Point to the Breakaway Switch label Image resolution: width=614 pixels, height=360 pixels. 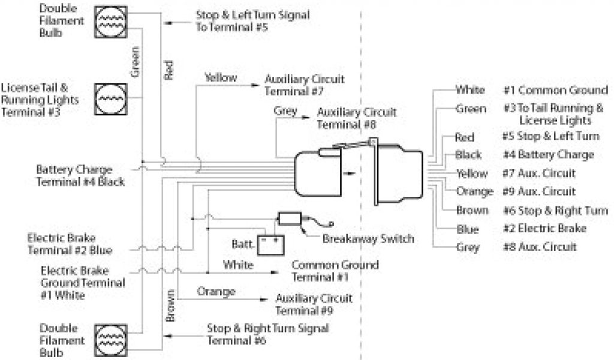pyautogui.click(x=368, y=239)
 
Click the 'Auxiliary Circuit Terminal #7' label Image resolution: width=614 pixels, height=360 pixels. pyautogui.click(x=304, y=85)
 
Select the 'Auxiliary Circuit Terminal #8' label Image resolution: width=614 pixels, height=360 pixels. pyautogui.click(x=356, y=118)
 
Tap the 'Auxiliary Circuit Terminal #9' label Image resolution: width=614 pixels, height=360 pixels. pyautogui.click(x=314, y=304)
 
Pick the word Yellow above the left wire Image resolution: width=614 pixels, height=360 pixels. pyautogui.click(x=221, y=77)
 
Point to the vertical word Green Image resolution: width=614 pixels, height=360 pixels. pyautogui.click(x=135, y=61)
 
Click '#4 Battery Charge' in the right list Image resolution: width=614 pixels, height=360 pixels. pyautogui.click(x=548, y=155)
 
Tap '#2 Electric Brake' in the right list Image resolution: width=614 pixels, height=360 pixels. pyautogui.click(x=544, y=229)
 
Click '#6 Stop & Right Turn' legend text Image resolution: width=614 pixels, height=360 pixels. pyautogui.click(x=555, y=211)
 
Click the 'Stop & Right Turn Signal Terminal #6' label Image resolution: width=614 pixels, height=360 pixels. pyautogui.click(x=267, y=334)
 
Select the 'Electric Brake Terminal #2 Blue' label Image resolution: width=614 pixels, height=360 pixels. pyautogui.click(x=69, y=244)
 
